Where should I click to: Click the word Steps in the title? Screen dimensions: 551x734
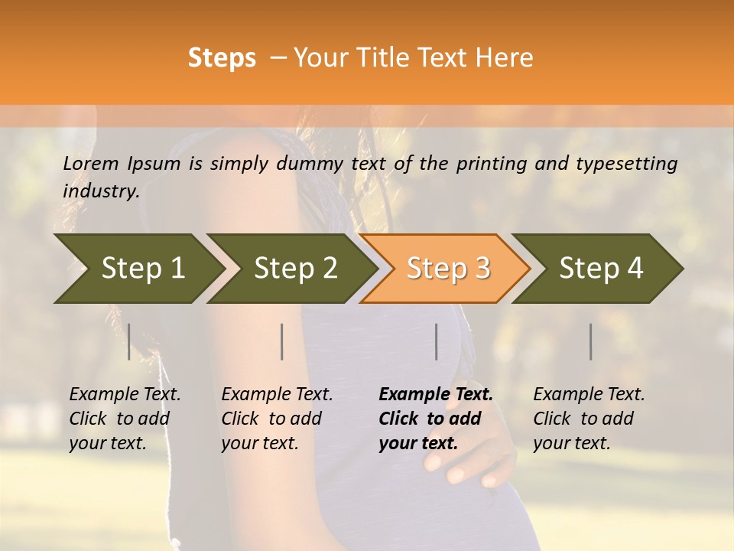222,58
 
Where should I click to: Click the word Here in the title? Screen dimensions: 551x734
504,58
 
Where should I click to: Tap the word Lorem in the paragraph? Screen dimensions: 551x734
90,163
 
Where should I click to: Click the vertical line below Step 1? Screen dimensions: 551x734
129,341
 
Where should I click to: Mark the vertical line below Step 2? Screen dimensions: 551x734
282,341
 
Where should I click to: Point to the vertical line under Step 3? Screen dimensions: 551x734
437,341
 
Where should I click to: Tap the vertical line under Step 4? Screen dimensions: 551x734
591,341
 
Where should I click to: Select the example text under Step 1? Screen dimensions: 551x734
124,419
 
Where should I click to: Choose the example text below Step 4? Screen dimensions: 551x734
588,419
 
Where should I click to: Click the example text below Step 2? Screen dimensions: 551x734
276,419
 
